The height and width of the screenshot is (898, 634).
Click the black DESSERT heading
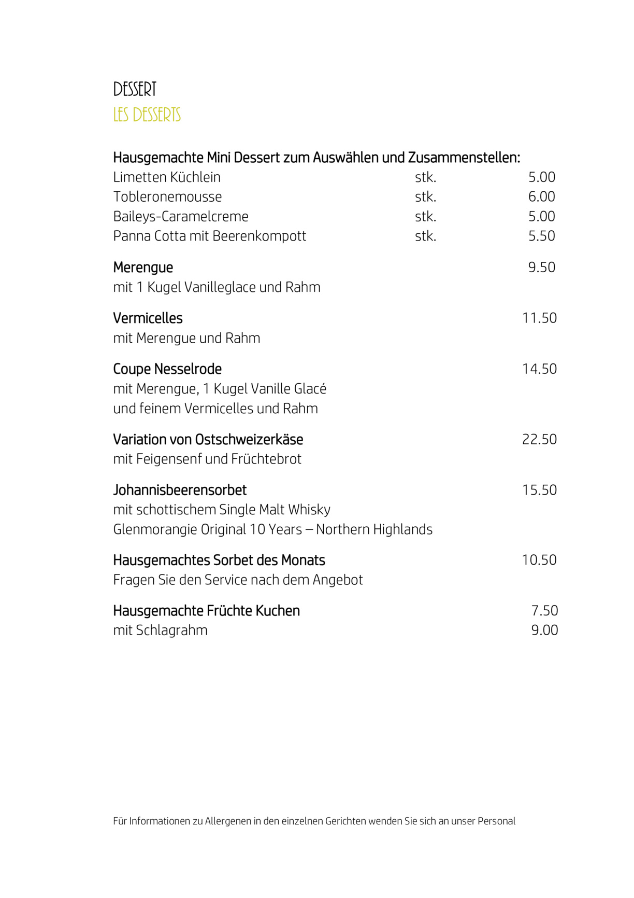point(135,89)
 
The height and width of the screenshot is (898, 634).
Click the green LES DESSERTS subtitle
point(147,115)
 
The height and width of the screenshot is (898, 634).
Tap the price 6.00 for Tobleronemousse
point(541,197)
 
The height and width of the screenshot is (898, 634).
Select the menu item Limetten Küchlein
point(167,177)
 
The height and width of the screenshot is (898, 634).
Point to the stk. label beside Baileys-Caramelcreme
point(425,216)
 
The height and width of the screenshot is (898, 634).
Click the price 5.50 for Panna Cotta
point(541,236)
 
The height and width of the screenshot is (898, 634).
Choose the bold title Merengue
point(143,268)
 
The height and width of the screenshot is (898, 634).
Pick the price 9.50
point(541,268)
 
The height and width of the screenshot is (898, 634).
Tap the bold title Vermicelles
point(148,318)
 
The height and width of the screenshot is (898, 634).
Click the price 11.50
point(539,318)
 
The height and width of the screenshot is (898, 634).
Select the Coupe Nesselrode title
point(167,369)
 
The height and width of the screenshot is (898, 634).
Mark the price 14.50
point(539,369)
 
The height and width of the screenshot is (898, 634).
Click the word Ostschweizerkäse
point(249,440)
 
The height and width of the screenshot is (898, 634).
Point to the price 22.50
point(539,439)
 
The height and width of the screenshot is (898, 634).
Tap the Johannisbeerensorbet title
point(180,490)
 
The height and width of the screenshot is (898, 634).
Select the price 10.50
point(539,560)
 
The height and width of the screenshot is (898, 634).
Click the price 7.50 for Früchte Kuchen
point(544,611)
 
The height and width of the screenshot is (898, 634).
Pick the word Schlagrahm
point(171,630)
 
